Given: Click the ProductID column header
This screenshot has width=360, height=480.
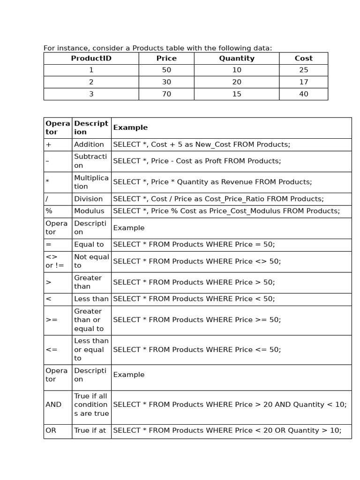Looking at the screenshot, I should [x=91, y=59].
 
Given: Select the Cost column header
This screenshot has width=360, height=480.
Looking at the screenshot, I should [x=303, y=59].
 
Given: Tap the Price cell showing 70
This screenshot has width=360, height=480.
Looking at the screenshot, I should [x=166, y=94].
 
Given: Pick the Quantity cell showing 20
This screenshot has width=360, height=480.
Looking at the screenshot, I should [x=237, y=82].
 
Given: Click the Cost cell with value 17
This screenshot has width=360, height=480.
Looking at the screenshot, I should [x=303, y=82].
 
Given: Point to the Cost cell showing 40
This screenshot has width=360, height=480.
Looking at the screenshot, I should [x=303, y=94].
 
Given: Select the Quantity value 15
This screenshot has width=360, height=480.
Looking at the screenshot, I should [x=237, y=94].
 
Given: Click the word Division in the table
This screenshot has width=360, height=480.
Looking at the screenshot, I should [x=88, y=199].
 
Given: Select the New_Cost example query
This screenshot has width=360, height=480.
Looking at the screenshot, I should [x=202, y=144].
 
